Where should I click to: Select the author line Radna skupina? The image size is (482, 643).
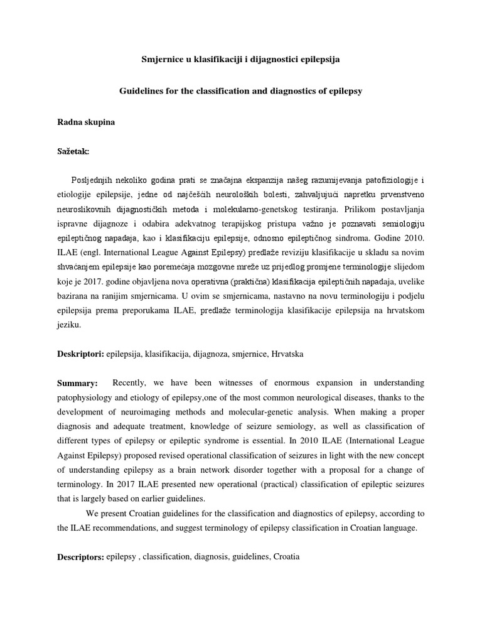86,122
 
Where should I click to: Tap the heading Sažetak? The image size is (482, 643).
73,151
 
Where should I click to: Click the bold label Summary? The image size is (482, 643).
78,383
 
